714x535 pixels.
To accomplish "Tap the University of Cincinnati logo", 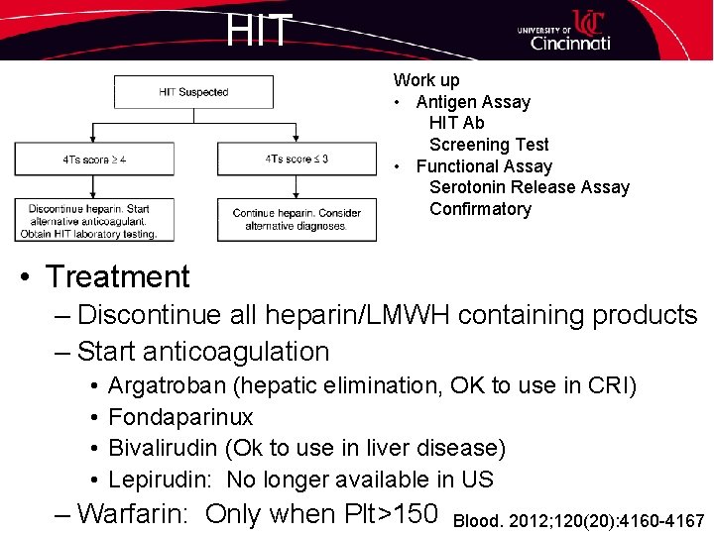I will [563, 31].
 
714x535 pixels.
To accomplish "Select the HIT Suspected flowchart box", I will [193, 92].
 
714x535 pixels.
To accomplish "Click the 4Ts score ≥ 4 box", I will [94, 159].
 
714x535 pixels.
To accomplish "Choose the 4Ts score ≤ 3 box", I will [297, 159].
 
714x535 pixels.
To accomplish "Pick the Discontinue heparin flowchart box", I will [94, 221].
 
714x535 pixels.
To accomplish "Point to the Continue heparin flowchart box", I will [297, 220].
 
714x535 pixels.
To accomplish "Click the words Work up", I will [426, 80].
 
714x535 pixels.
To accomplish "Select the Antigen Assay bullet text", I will [473, 102].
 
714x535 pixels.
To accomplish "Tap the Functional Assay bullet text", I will [484, 166].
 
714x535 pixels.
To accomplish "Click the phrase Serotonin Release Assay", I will [529, 187].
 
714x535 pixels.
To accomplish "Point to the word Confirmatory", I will [480, 209].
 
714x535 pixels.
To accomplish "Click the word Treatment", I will [117, 276].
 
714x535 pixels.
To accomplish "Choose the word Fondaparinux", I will [180, 417].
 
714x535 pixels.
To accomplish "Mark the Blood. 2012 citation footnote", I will [578, 521].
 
